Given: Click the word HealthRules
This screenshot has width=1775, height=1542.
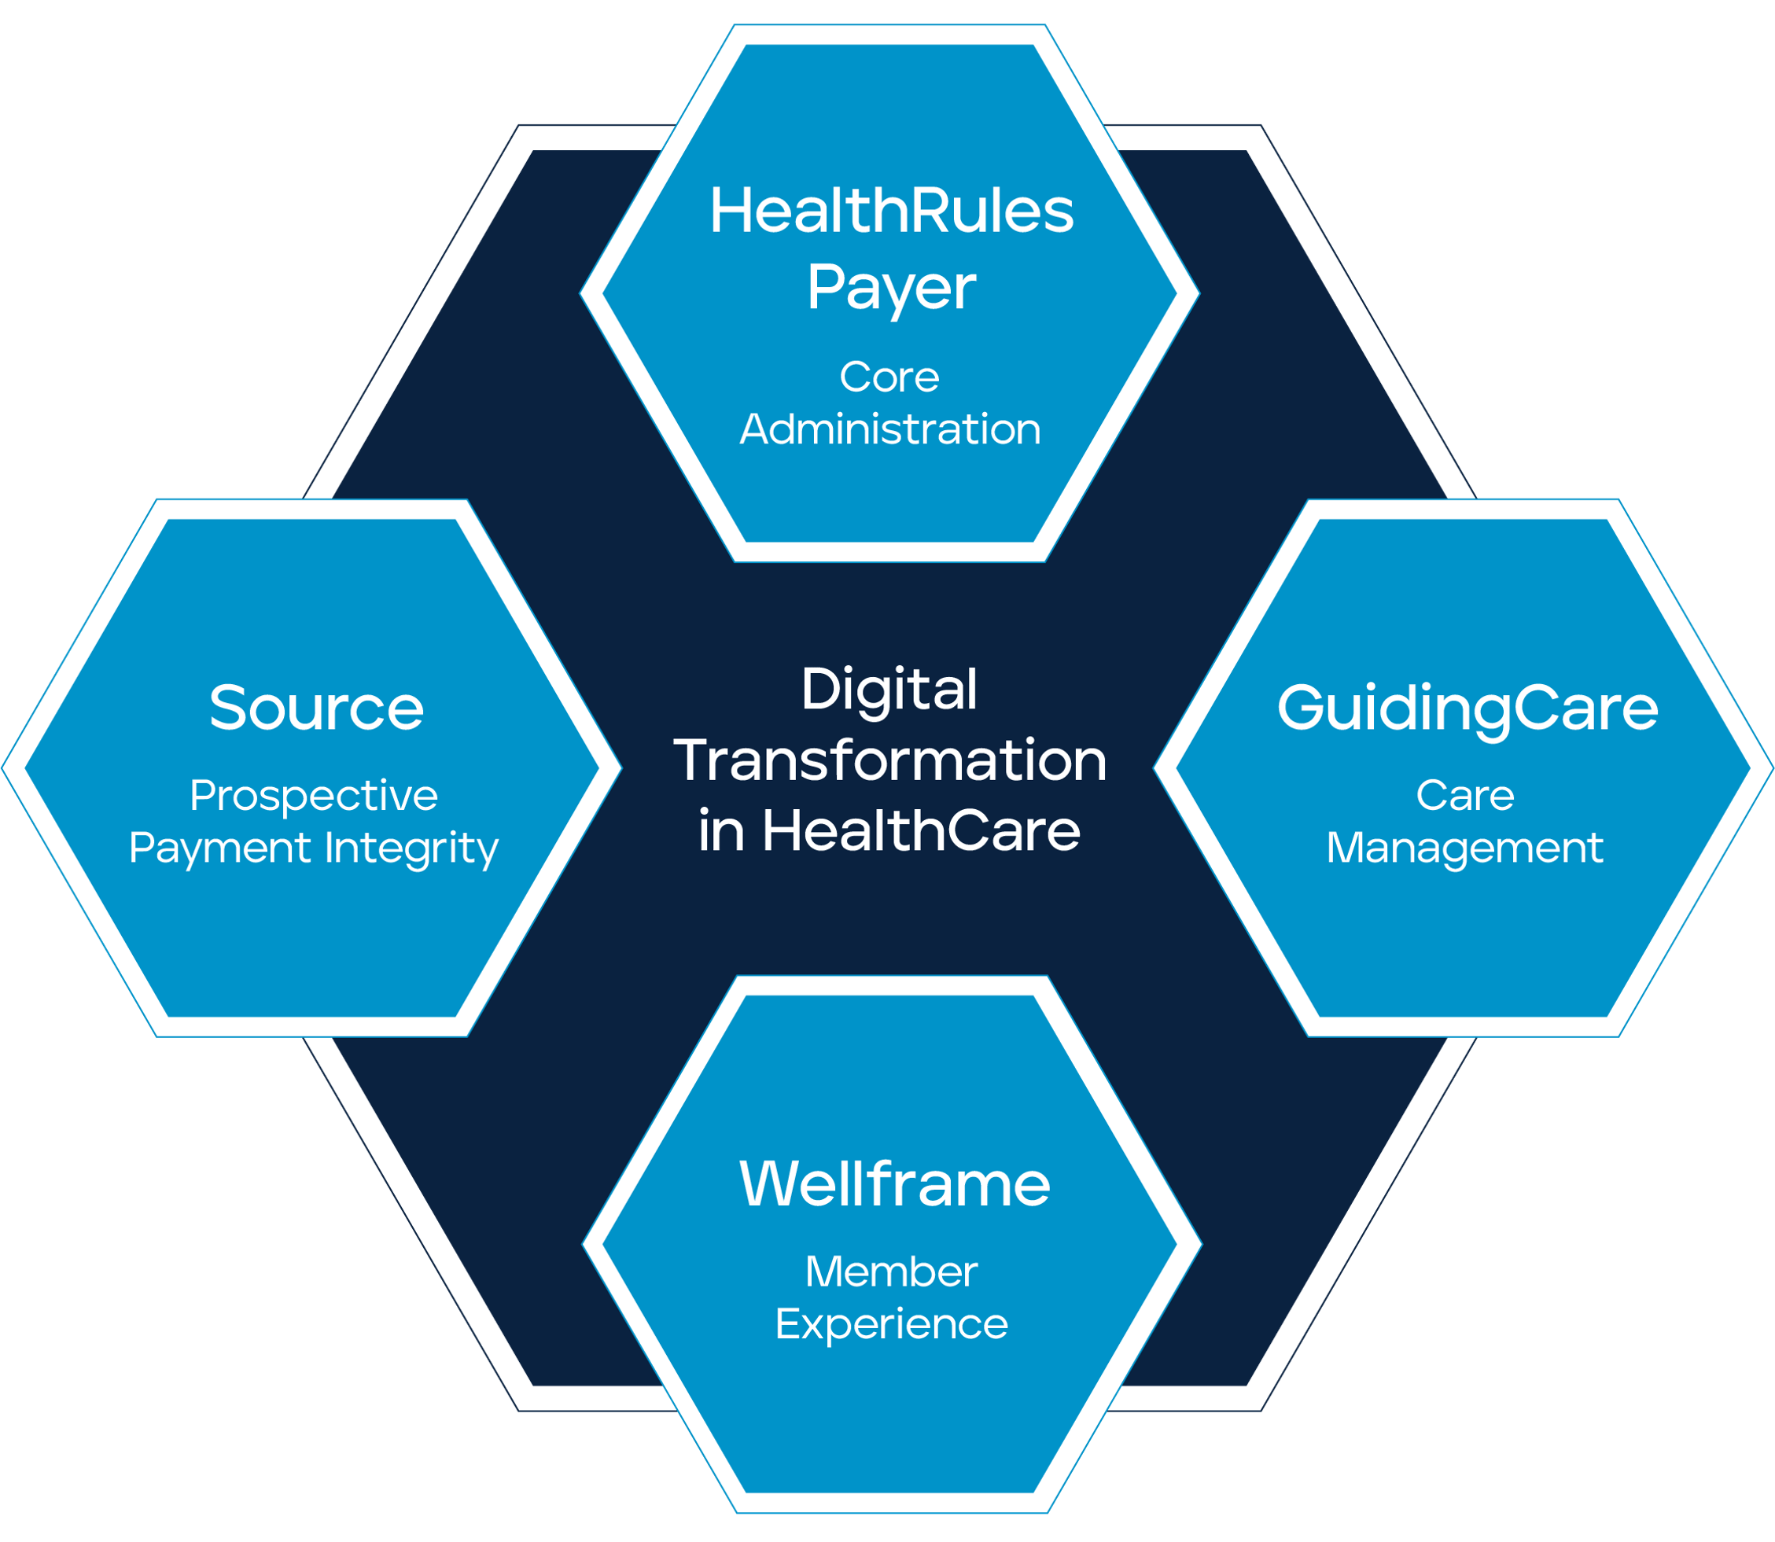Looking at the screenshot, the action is pyautogui.click(x=891, y=212).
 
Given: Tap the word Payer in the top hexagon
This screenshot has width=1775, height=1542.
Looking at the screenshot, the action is pyautogui.click(x=891, y=289).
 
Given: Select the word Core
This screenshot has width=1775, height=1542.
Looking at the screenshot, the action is pyautogui.click(x=889, y=377).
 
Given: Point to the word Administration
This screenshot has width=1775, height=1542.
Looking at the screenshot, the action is pyautogui.click(x=889, y=429).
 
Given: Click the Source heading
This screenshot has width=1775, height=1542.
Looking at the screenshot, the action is pyautogui.click(x=316, y=708).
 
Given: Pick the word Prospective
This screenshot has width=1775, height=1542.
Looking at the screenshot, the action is pyautogui.click(x=313, y=795).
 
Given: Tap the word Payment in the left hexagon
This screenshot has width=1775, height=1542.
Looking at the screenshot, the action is pyautogui.click(x=219, y=849).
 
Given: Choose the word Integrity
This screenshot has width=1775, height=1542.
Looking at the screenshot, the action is pyautogui.click(x=411, y=849).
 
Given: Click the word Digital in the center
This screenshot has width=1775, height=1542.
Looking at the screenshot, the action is pyautogui.click(x=889, y=690).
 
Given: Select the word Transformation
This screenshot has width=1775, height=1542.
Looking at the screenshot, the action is pyautogui.click(x=889, y=760).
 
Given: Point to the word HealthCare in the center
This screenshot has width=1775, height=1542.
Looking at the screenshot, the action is pyautogui.click(x=921, y=831).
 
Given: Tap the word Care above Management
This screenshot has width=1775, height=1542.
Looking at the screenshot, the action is pyautogui.click(x=1464, y=795).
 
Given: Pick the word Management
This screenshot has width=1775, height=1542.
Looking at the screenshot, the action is pyautogui.click(x=1464, y=849).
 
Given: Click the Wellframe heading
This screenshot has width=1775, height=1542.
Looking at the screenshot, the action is pyautogui.click(x=894, y=1185).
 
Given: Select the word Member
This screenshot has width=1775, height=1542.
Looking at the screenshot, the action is pyautogui.click(x=890, y=1272).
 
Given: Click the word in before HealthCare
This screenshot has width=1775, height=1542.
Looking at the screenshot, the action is pyautogui.click(x=721, y=831).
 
